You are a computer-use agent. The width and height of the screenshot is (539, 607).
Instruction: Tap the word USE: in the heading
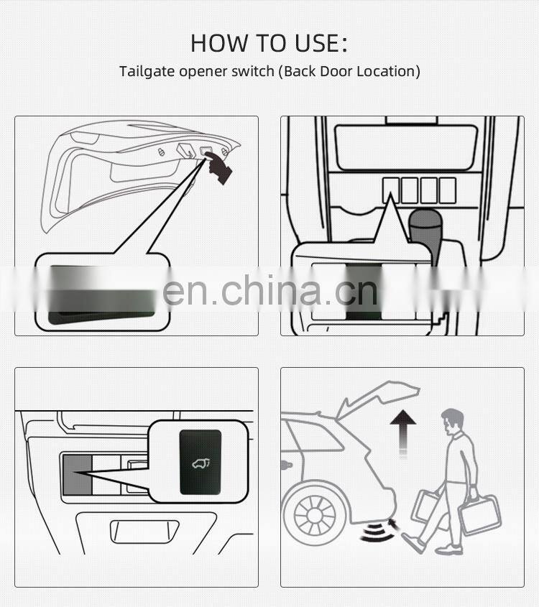click(x=320, y=43)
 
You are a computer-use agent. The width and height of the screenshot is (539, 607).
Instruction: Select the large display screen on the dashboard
click(x=406, y=147)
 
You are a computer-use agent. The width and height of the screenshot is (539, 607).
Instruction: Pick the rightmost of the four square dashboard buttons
click(x=447, y=190)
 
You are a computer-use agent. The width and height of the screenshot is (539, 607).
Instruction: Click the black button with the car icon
click(x=201, y=462)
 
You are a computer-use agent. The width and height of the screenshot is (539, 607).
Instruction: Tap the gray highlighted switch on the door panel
click(x=76, y=474)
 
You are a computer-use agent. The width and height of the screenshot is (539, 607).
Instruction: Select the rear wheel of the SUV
click(x=310, y=514)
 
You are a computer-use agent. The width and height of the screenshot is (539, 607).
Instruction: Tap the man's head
click(x=452, y=420)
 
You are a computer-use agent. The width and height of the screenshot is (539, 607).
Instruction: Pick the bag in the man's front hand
click(x=479, y=515)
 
